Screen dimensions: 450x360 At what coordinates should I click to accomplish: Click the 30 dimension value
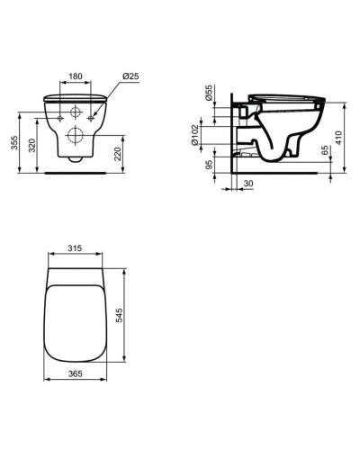pos(247,184)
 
